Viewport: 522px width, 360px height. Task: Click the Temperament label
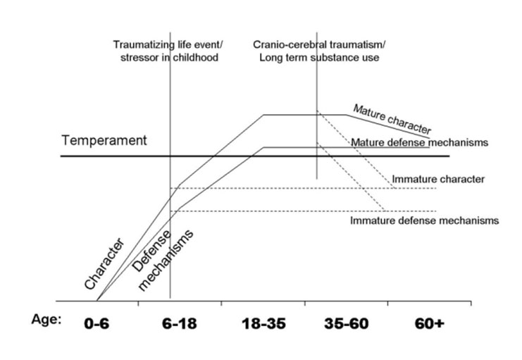coord(104,141)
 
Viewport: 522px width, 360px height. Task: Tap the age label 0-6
coord(97,323)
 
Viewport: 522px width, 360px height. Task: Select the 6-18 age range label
coord(180,323)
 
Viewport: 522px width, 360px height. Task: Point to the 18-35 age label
coord(263,323)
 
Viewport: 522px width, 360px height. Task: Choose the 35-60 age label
coord(347,323)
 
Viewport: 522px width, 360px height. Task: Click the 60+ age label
coord(430,323)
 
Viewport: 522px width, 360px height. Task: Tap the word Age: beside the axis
coord(46,320)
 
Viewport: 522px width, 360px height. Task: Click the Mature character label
coord(392,119)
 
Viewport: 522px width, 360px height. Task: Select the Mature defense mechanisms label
coord(419,142)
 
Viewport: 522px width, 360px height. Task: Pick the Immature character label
coord(438,179)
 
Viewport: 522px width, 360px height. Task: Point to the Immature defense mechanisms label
coord(425,221)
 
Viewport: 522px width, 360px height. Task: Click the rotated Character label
coord(104,263)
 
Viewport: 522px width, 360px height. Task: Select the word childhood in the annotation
coord(195,57)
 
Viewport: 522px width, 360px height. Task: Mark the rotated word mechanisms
coord(166,261)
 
